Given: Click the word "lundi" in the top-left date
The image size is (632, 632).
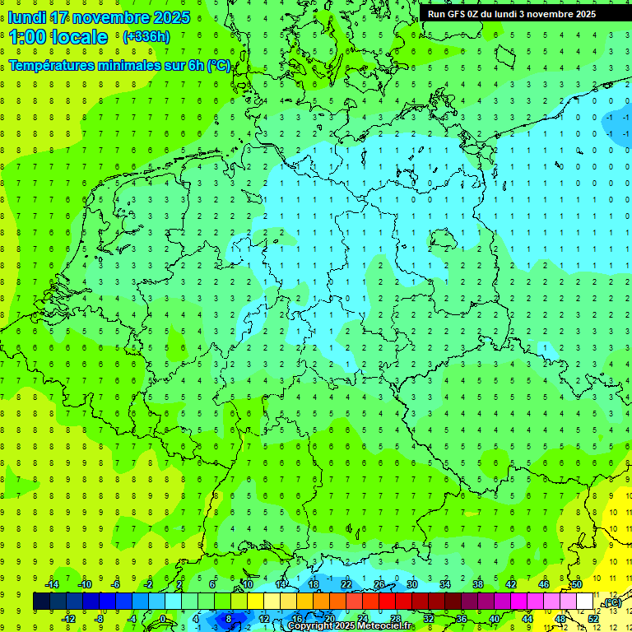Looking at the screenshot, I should coord(26,17).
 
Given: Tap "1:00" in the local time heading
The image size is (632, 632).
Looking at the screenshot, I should coord(27,37).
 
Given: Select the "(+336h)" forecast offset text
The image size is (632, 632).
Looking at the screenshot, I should coord(146,37).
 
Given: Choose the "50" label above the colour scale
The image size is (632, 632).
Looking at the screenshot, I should coord(577,584).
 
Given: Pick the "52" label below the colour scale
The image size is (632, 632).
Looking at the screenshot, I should coord(593,618).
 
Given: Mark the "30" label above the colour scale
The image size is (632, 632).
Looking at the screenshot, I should coord(411,584).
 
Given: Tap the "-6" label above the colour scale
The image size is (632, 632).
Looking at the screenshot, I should coord(115,584).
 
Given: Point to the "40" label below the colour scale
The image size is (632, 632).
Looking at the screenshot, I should coord(494,618).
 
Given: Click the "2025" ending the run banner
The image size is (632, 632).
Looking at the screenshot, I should coord(585,14).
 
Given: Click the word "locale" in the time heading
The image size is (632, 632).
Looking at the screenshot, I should coord(78,37).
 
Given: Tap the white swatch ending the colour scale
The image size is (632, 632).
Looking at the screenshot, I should coord(585,602).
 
